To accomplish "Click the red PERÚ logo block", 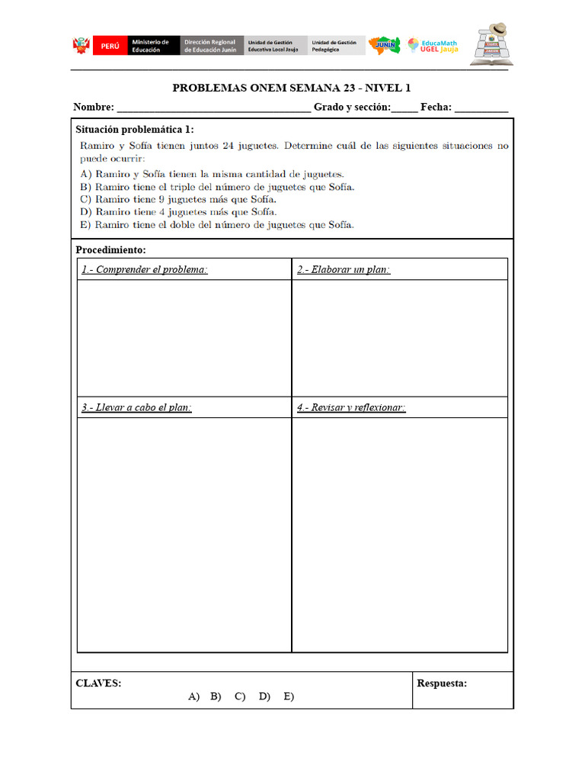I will coord(110,46).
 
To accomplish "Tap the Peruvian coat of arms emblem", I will coord(82,46).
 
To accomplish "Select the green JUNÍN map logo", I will coord(384,45).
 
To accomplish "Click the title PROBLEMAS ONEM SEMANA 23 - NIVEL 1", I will coord(292,88).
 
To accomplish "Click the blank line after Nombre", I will coord(213,108).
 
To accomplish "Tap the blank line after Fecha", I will coord(481,108).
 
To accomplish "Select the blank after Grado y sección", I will coord(404,108).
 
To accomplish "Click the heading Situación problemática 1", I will coord(135,130).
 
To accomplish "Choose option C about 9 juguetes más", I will coord(178,199).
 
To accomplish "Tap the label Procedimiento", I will coord(111,250).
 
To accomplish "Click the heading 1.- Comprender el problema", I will coord(145,270).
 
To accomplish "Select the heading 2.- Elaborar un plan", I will coord(344,270).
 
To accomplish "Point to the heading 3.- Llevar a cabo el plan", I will coord(136,408).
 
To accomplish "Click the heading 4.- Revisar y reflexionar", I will coord(351,408).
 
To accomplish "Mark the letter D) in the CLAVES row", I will coord(264,696).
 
